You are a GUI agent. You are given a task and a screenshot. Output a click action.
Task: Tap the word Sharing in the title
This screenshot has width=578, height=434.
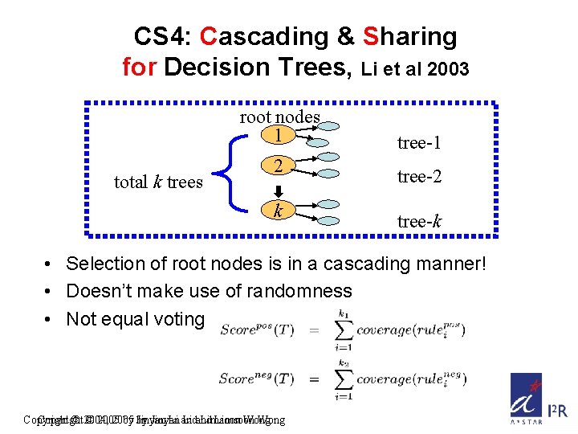[410, 36]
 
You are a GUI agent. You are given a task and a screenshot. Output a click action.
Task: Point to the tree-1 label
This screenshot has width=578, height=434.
[419, 143]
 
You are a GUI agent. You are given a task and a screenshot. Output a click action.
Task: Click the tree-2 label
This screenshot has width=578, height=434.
[419, 177]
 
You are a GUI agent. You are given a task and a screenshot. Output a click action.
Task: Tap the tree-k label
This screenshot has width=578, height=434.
[419, 221]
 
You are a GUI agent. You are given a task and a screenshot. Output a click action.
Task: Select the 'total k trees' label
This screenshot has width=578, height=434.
[158, 182]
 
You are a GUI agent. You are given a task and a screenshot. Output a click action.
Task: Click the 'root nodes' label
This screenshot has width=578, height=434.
[279, 117]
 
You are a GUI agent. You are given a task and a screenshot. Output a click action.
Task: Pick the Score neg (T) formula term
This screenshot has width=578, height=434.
[258, 379]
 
